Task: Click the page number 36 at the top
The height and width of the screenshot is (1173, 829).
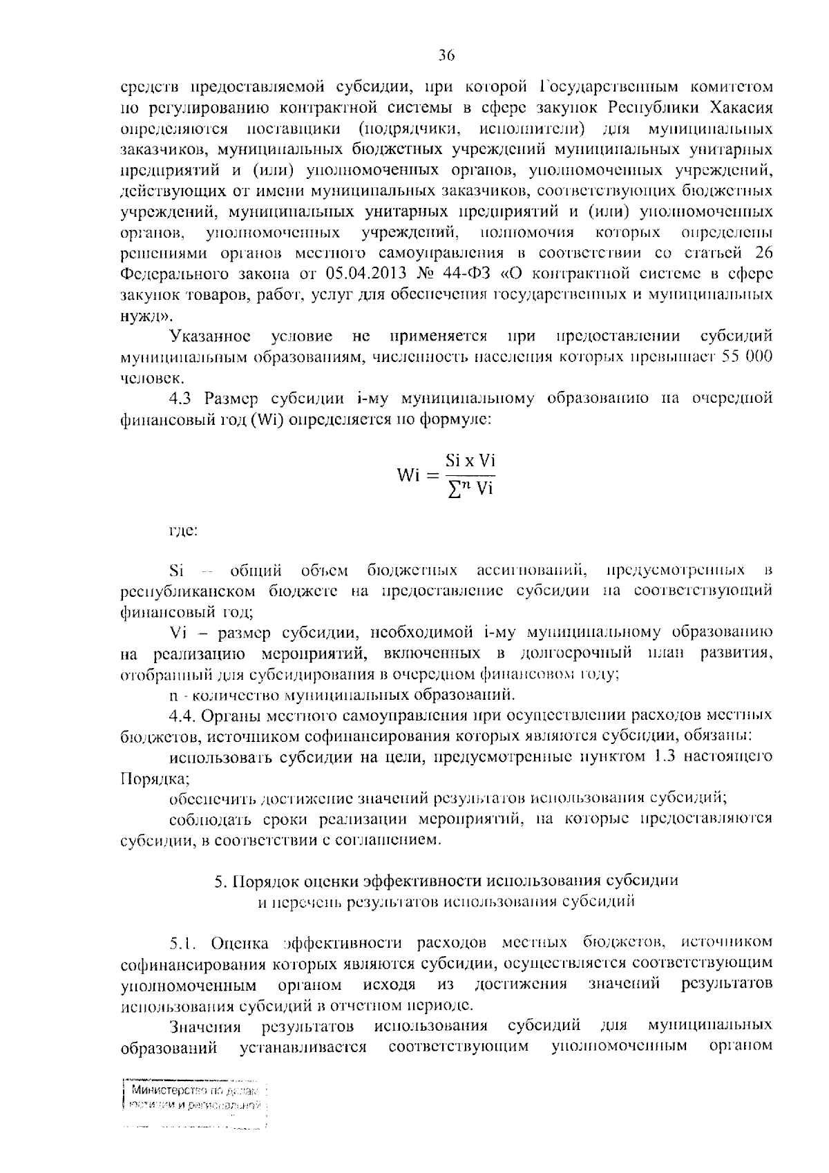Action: coord(446,55)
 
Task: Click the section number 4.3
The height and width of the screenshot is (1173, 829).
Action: coord(182,399)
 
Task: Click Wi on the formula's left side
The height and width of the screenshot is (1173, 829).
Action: coord(410,476)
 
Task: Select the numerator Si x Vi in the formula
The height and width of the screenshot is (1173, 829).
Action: coord(470,461)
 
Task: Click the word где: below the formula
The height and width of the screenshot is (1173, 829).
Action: coord(184,531)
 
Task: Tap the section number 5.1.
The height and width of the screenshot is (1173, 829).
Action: coord(185,942)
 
